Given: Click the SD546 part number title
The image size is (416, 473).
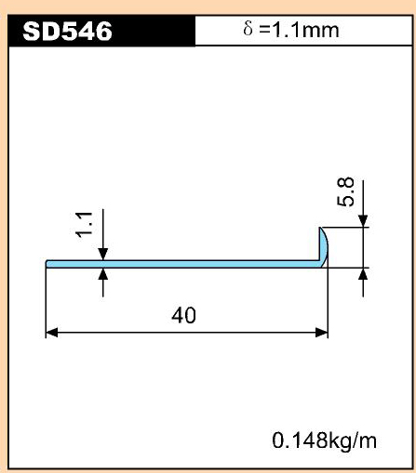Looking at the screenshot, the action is pyautogui.click(x=67, y=31).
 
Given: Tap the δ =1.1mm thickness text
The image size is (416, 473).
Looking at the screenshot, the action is pyautogui.click(x=291, y=30).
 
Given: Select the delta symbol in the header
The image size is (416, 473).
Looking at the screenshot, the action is pyautogui.click(x=248, y=29).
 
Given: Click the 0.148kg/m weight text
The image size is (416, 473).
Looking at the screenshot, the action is pyautogui.click(x=324, y=440).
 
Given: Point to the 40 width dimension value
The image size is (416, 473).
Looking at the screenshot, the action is pyautogui.click(x=183, y=315).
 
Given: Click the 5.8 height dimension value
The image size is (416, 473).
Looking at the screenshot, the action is pyautogui.click(x=345, y=191).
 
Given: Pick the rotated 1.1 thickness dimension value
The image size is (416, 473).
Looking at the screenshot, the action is pyautogui.click(x=84, y=225).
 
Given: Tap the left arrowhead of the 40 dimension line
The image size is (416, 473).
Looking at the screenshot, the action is pyautogui.click(x=52, y=333).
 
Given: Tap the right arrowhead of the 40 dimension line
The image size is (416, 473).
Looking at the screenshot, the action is pyautogui.click(x=322, y=333).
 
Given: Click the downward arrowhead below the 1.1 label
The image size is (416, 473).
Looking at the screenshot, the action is pyautogui.click(x=103, y=254).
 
